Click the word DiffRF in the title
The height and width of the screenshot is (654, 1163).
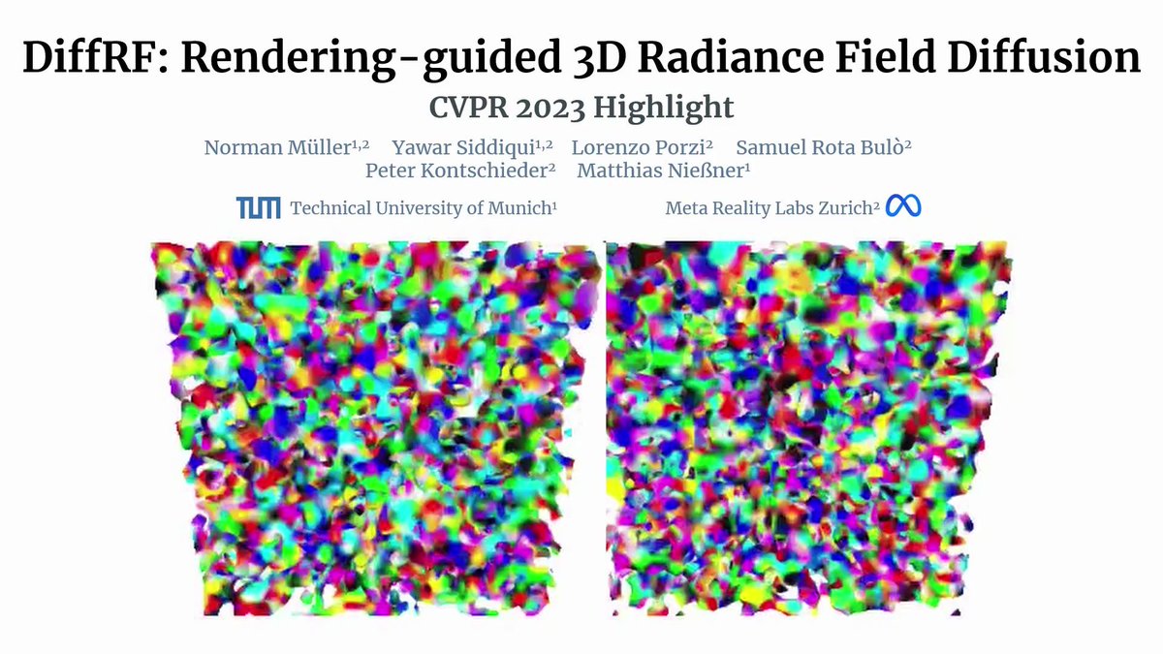click(x=92, y=60)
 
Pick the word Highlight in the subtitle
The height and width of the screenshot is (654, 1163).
click(x=669, y=106)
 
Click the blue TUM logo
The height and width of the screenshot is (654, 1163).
click(x=259, y=207)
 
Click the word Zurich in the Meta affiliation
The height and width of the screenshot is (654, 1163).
click(x=843, y=208)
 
